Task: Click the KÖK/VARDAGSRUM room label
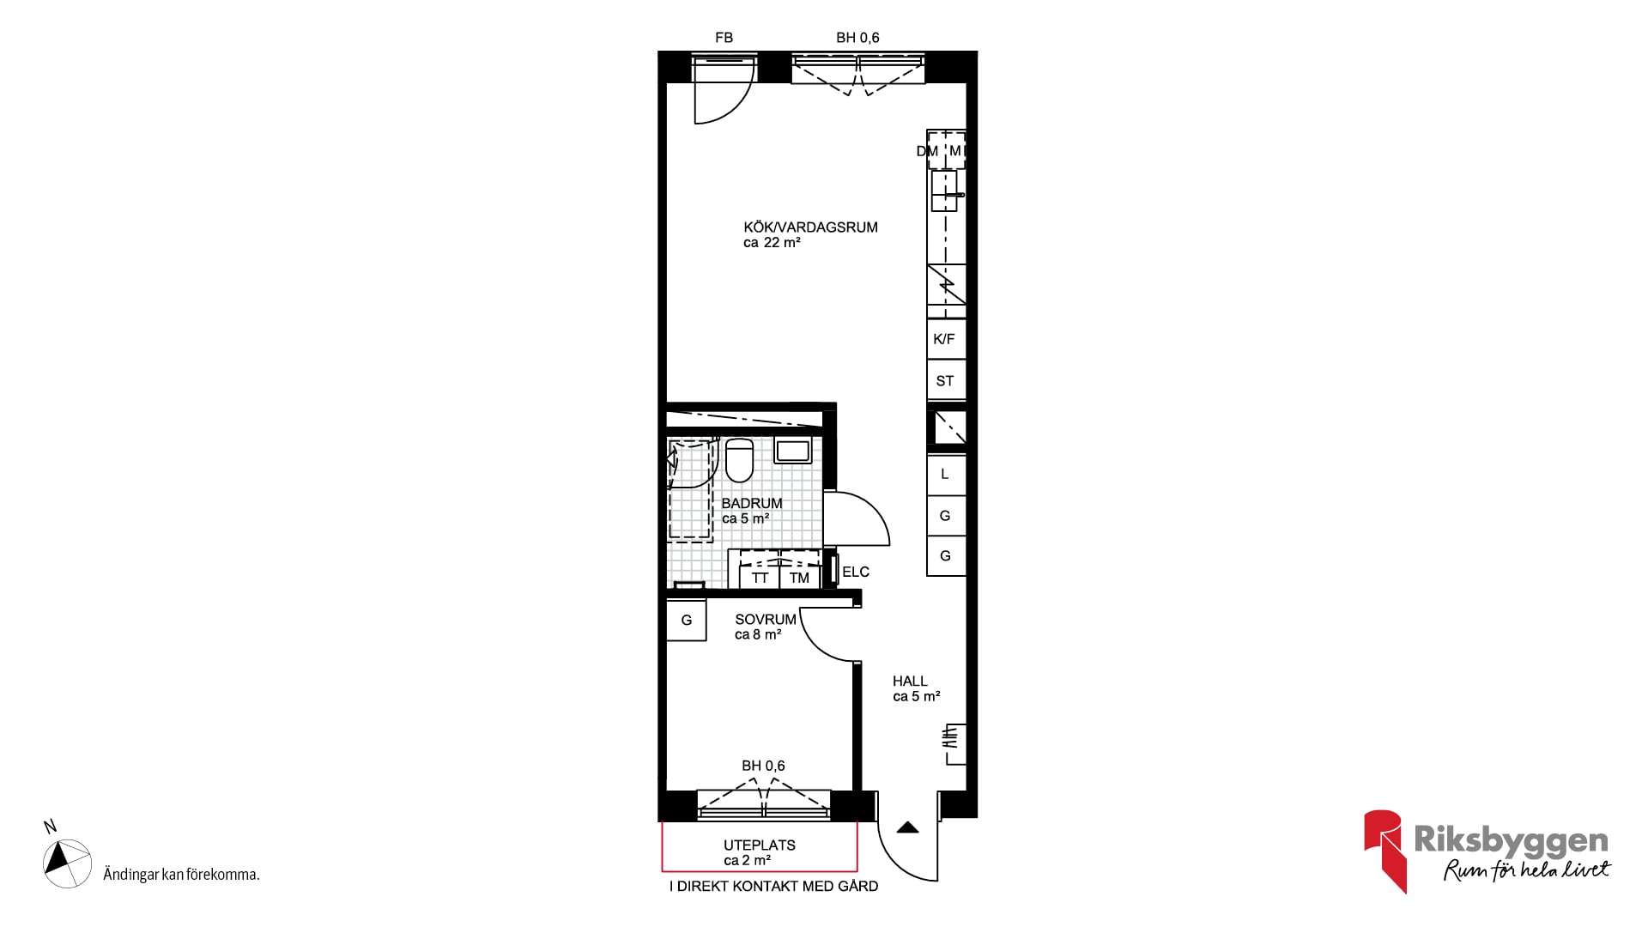coord(810,227)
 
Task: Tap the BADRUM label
coord(752,504)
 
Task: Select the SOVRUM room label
coord(766,620)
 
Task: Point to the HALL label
coord(910,682)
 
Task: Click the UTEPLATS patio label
coord(760,845)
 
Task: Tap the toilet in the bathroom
coord(739,460)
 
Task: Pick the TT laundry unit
coord(760,578)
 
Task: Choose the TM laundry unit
coord(800,578)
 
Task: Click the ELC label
coord(856,572)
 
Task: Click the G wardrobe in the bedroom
coord(687,620)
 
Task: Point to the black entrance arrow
coord(908,828)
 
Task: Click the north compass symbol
coord(67,863)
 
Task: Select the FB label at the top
coord(724,38)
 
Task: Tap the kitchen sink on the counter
coord(944,191)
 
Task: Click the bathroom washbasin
coord(793,451)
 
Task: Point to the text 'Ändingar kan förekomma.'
coord(181,875)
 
